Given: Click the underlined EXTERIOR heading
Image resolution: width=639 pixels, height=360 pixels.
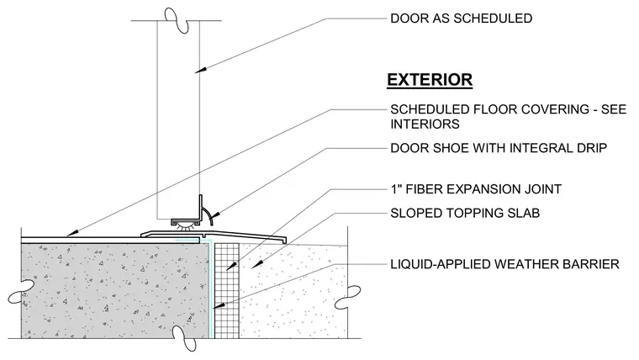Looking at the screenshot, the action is [x=430, y=80].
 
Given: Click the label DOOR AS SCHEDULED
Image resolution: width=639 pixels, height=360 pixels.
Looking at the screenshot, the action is [x=462, y=19].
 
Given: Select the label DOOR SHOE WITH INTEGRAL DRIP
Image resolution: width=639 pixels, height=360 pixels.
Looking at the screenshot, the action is [x=499, y=147].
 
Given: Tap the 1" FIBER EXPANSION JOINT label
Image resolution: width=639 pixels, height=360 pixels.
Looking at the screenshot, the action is [x=476, y=189].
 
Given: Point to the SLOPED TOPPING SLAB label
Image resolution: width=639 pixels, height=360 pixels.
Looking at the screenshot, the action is [x=465, y=213].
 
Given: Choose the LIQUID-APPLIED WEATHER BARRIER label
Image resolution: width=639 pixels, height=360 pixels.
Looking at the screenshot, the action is [x=505, y=264].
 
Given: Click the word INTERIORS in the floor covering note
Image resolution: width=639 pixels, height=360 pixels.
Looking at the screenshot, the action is [x=425, y=124].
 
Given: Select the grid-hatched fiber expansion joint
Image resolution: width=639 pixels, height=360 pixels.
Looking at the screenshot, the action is [x=226, y=290].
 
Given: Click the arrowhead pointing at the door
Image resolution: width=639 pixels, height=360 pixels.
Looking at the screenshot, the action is [x=199, y=70].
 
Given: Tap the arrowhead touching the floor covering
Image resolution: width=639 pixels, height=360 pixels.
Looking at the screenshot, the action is [x=71, y=234].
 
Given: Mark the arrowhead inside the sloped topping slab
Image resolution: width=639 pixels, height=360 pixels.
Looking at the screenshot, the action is [x=256, y=265].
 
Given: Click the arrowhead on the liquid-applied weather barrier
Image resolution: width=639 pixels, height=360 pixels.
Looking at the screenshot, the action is [x=218, y=305].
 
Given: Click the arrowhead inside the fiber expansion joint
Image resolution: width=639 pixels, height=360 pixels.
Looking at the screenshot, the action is [x=230, y=267].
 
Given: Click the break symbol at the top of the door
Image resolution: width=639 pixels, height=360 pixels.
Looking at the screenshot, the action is [x=177, y=20].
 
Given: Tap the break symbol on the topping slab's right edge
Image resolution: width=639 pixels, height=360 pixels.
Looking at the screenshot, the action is [x=347, y=297].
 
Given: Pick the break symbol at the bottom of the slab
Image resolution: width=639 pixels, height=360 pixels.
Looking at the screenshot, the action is [x=184, y=338].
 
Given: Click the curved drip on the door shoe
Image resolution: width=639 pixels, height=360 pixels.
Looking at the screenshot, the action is [x=209, y=214].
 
